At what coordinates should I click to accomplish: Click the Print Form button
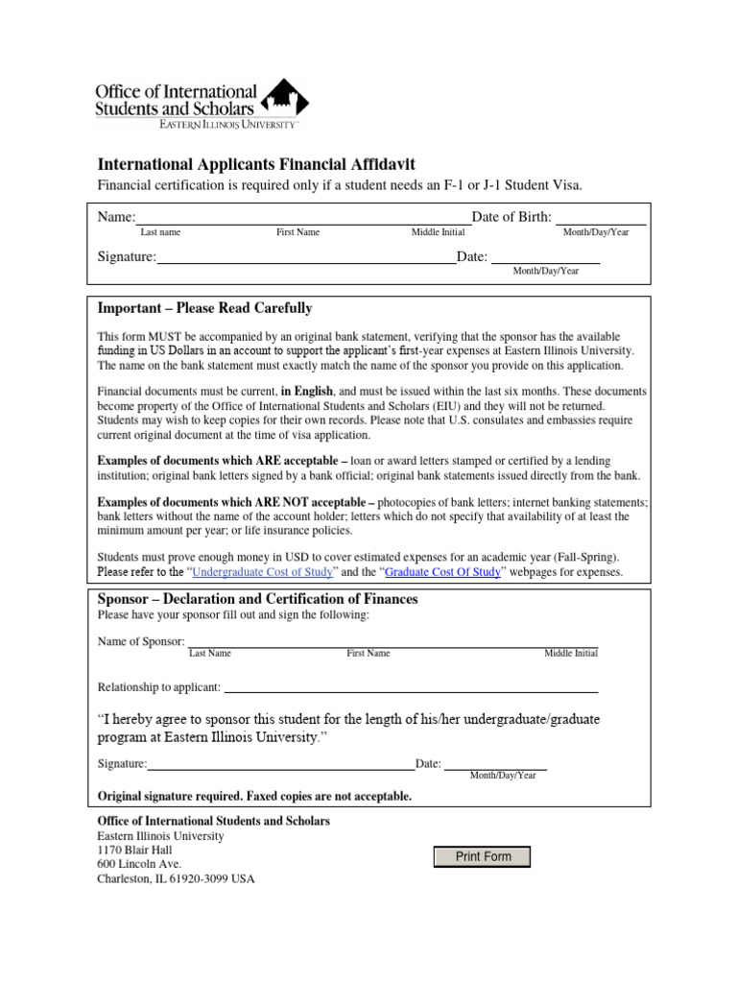coord(483,856)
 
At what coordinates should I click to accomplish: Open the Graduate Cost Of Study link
coord(442,572)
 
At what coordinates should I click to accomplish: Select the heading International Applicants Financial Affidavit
coord(256,165)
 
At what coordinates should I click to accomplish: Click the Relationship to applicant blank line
coord(410,688)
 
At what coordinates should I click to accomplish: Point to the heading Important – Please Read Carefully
coord(204,308)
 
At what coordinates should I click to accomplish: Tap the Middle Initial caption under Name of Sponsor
coord(571,654)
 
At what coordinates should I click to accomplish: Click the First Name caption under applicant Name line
coord(297,232)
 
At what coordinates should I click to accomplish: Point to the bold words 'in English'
coord(307,392)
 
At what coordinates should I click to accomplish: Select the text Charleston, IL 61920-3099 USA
coord(177,878)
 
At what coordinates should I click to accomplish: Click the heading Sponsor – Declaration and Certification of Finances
coord(258,599)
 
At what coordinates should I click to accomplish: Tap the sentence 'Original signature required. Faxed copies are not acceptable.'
coord(255,797)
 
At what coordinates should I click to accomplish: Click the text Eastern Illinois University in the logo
coord(229,125)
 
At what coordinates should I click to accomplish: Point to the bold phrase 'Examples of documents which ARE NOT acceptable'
coord(235,502)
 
